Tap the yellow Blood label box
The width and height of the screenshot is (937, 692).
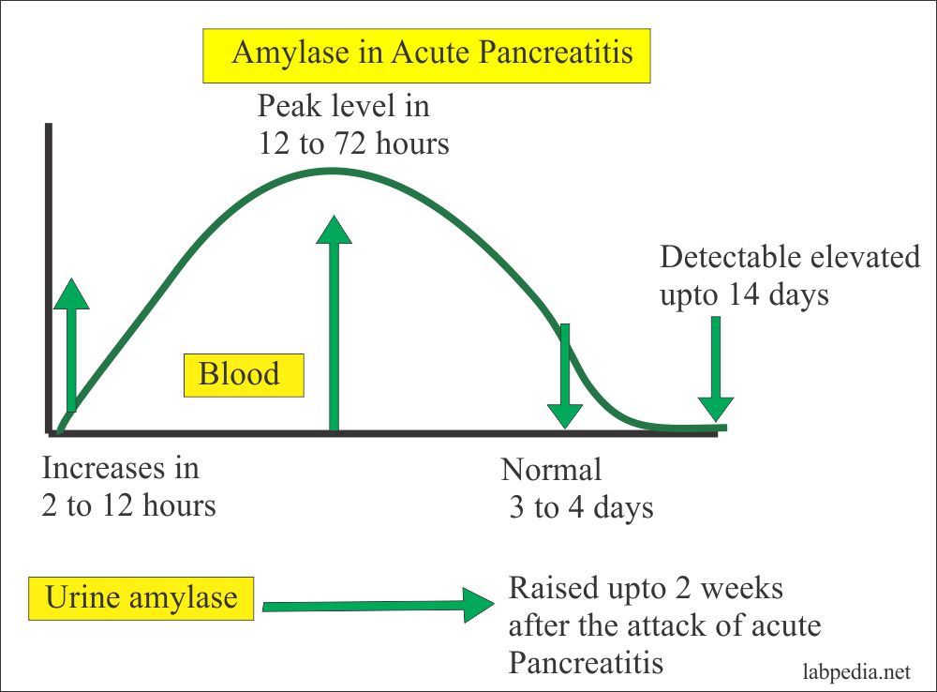tap(243, 374)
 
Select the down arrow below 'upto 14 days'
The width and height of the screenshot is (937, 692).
tap(716, 370)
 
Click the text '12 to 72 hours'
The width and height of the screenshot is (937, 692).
tap(353, 143)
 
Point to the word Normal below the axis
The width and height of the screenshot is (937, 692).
tap(552, 469)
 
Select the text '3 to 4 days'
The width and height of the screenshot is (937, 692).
tap(581, 508)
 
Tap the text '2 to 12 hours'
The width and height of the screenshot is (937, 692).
tap(129, 505)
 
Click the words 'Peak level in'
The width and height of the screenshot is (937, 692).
tap(344, 105)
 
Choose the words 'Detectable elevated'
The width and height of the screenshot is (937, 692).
tap(790, 257)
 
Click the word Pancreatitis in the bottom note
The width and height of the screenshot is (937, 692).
tap(587, 662)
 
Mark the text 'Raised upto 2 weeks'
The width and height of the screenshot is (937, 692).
tap(646, 589)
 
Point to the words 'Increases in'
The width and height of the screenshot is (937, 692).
tap(121, 466)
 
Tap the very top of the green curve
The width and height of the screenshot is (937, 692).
tap(330, 171)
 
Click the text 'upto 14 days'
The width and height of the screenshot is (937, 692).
tap(744, 295)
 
